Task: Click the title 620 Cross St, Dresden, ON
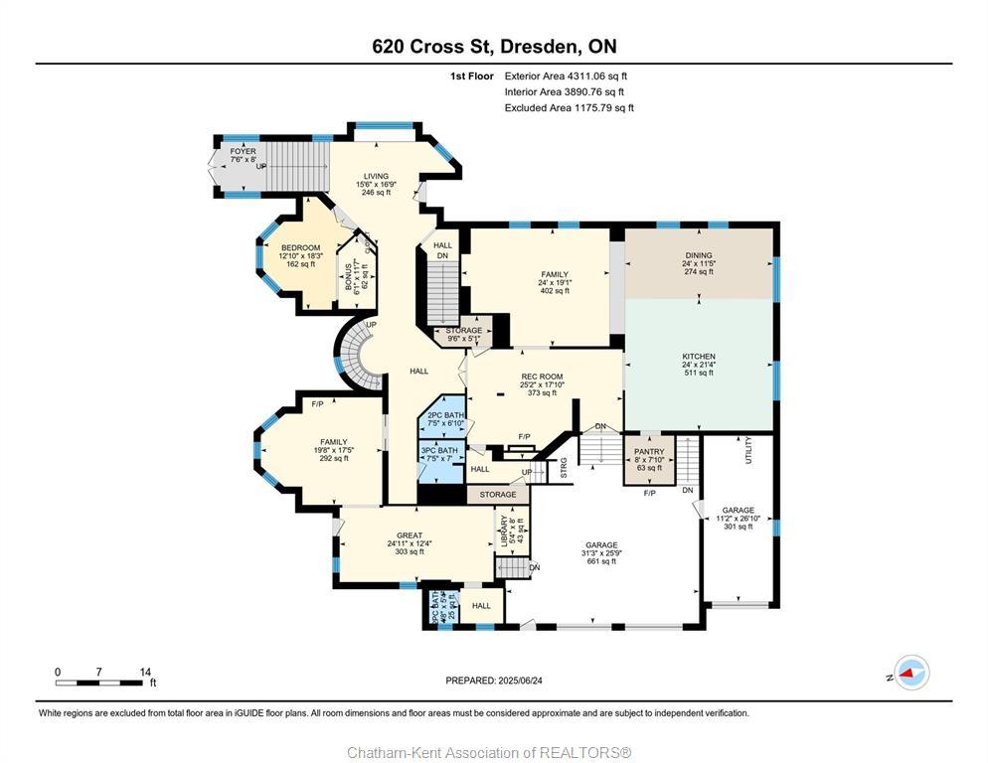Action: [x=493, y=47]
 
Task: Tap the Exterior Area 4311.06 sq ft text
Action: [x=566, y=76]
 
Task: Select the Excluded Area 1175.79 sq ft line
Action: [x=569, y=108]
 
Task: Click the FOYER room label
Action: [x=243, y=152]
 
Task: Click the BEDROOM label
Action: [x=300, y=247]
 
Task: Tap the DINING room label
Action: [x=698, y=255]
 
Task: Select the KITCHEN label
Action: [x=698, y=357]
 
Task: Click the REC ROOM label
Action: [x=542, y=378]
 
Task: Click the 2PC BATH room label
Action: [x=440, y=415]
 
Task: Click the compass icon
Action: [x=911, y=674]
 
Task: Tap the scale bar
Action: [x=98, y=683]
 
